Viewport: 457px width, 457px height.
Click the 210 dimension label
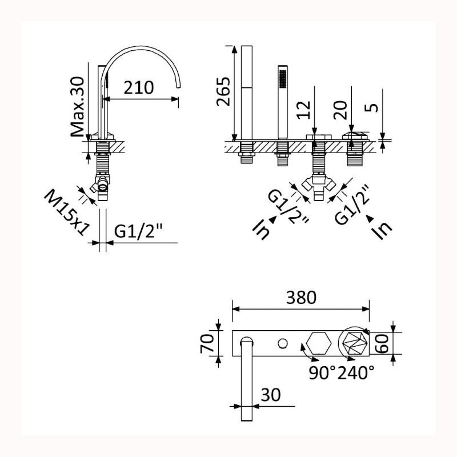pos(138,88)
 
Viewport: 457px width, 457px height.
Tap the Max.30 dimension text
pos(77,107)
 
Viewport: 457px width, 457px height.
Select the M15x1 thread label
pos(66,213)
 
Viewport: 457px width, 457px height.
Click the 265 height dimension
pos(223,91)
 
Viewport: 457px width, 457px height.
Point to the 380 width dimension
pos(301,298)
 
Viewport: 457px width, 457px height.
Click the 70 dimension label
pos(207,343)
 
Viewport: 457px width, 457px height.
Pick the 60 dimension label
pos(382,343)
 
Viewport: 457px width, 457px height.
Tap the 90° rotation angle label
pos(322,372)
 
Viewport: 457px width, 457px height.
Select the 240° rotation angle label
pos(356,372)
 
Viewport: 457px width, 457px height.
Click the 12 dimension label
pos(304,110)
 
